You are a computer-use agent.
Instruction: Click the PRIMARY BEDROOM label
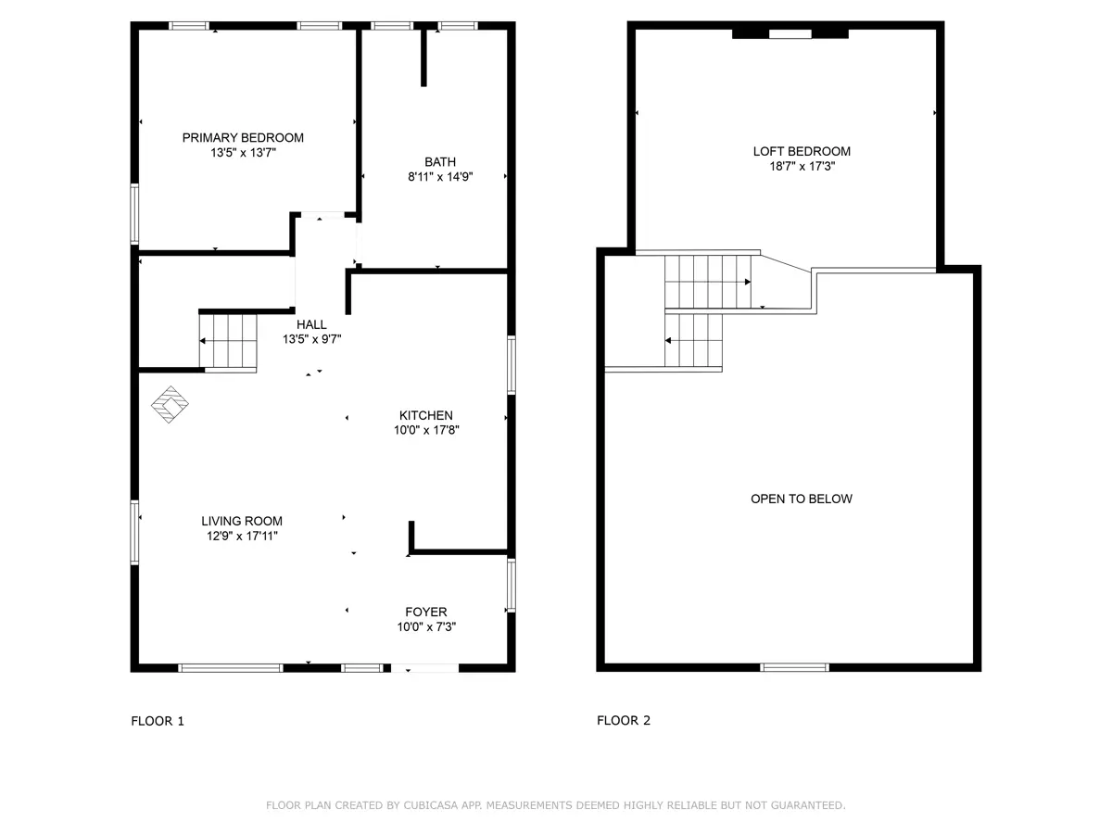tap(243, 138)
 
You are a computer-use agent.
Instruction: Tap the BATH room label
tap(440, 162)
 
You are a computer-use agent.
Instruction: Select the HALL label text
tap(311, 324)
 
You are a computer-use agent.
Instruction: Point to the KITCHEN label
tap(426, 416)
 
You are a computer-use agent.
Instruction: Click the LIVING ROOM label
tap(242, 521)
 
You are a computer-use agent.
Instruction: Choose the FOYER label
tap(426, 613)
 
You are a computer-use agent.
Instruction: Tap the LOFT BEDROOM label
tap(802, 151)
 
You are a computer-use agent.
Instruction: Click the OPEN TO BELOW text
tap(802, 499)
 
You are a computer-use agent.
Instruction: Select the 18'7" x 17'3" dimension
tap(802, 166)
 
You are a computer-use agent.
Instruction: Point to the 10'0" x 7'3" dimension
tap(426, 627)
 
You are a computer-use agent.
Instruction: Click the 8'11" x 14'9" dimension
tap(440, 177)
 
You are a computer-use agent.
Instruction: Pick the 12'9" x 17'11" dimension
tap(242, 536)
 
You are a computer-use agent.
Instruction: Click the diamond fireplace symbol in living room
tap(170, 405)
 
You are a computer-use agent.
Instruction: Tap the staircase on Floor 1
tap(228, 341)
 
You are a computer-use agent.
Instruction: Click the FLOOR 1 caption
tap(158, 721)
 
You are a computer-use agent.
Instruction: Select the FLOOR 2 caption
tap(623, 721)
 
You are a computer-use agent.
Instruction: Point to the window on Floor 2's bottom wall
tap(794, 667)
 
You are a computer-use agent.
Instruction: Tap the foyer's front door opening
tap(424, 668)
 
